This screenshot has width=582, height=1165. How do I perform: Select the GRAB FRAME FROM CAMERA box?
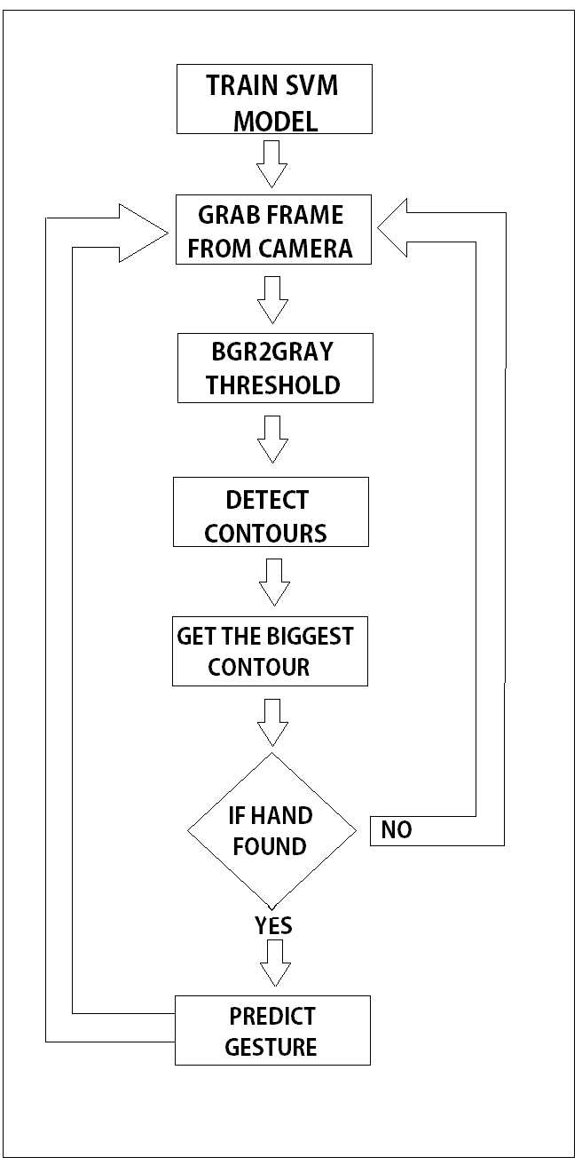tap(271, 230)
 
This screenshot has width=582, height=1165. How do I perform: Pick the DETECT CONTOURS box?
tap(271, 511)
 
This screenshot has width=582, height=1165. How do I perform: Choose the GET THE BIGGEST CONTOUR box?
tap(270, 653)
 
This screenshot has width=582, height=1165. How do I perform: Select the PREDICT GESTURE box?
tap(271, 1030)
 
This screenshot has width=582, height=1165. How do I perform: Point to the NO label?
tap(397, 831)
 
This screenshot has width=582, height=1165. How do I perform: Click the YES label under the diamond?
tap(273, 926)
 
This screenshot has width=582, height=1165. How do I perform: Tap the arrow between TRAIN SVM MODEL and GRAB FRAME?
tap(272, 162)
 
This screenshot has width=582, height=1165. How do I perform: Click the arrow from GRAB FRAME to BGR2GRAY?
tap(272, 299)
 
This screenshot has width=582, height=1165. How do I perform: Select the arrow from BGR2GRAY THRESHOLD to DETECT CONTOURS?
tap(272, 438)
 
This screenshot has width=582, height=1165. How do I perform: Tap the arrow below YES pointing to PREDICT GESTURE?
tap(274, 962)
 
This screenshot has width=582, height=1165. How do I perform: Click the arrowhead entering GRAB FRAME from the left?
tap(142, 233)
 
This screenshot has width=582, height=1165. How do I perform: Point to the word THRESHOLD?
tap(272, 385)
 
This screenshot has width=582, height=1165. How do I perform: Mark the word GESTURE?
tap(271, 1047)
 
